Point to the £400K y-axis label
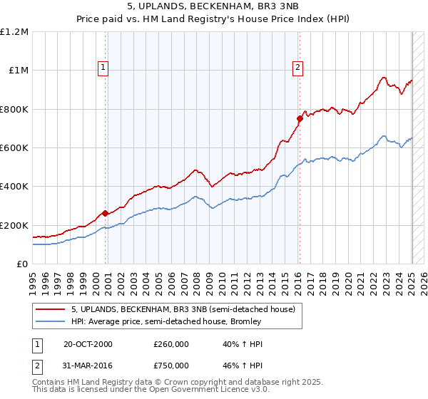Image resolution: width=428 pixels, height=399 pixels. (14, 187)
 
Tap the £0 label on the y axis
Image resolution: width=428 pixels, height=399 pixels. (22, 264)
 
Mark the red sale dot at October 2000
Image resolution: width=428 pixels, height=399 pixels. (106, 213)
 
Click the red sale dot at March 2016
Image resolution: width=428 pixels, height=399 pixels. (300, 119)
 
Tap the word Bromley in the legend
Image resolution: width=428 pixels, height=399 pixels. (246, 322)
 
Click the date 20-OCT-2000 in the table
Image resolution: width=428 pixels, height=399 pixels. (88, 344)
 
